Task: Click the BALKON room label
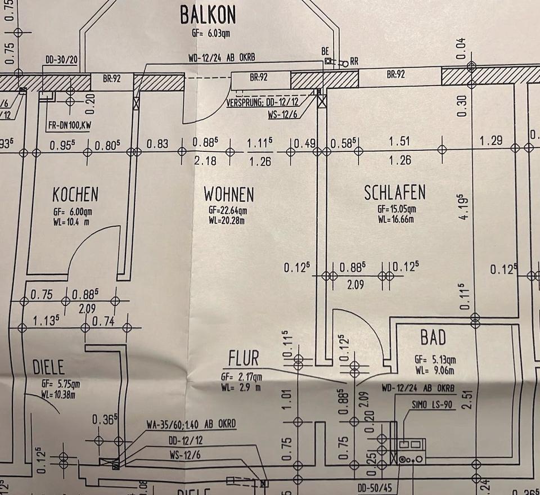point(208,15)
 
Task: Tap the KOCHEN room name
point(75,195)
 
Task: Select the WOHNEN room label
point(228,195)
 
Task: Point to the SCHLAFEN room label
point(395,193)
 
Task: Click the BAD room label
point(433,337)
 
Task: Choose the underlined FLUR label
point(244,358)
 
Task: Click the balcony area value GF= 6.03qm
point(211,33)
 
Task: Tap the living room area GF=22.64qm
point(228,211)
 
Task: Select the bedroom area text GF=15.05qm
point(397,209)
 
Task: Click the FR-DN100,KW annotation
point(69,126)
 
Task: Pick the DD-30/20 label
point(61,60)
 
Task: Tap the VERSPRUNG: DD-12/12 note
point(262,103)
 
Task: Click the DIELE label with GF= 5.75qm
point(49,368)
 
